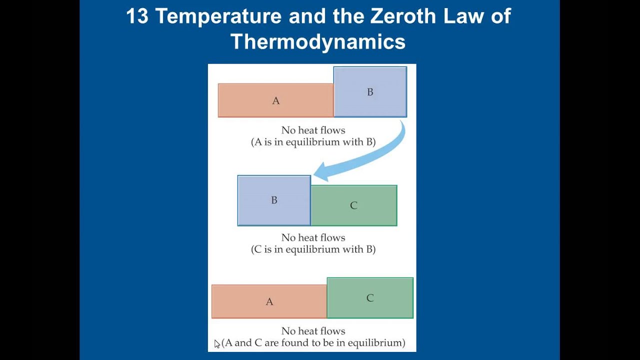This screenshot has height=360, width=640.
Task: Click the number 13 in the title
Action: pos(137,16)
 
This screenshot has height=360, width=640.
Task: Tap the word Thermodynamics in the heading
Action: pos(318,41)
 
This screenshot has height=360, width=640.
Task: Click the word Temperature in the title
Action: pos(218,16)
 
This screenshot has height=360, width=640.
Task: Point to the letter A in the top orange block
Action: pos(275,101)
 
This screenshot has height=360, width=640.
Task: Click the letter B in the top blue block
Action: pos(370,92)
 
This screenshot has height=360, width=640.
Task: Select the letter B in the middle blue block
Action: pos(274,200)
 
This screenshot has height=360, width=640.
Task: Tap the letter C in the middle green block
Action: pos(353,205)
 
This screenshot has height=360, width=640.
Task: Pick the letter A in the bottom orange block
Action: pos(269,301)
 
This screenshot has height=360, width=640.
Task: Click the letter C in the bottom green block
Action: pos(370,298)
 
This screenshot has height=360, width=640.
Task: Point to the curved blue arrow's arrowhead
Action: pos(320,171)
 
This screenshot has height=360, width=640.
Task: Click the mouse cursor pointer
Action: pos(216,343)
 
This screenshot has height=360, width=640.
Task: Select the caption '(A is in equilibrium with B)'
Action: pos(313,142)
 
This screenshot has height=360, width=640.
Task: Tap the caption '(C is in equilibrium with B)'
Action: pos(313,249)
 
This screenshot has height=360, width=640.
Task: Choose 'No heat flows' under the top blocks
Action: pos(313,130)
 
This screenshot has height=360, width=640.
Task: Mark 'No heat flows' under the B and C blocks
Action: pos(313,237)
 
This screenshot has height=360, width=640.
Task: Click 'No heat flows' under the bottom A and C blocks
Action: pos(313,331)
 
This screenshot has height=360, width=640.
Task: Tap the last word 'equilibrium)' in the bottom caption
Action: pos(376,343)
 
